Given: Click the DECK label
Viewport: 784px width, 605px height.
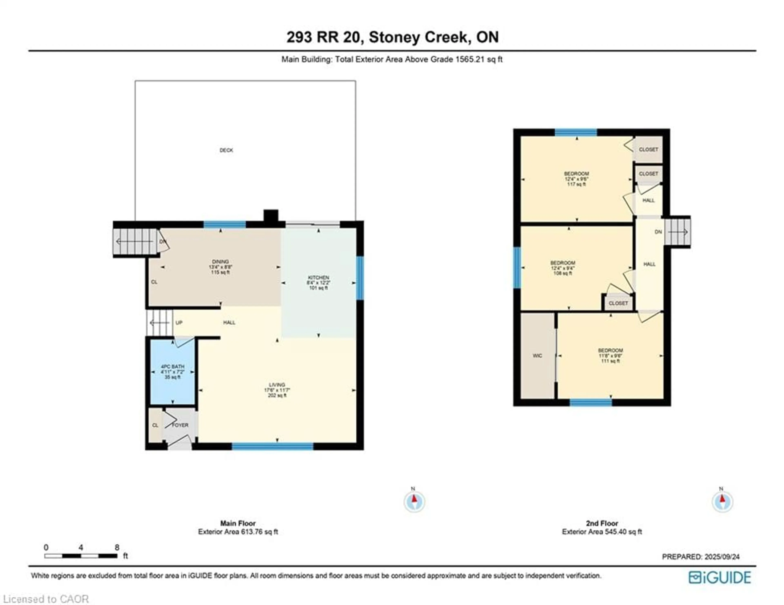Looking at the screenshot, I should point(226,150).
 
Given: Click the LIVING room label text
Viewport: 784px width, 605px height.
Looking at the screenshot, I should point(277,385).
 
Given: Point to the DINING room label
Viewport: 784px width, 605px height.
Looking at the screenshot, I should point(220,262).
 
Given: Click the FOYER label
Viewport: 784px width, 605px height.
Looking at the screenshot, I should point(180,425).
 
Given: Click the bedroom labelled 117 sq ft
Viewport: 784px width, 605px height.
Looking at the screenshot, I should point(577,179).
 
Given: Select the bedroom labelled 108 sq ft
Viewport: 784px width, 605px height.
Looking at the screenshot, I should point(562,268).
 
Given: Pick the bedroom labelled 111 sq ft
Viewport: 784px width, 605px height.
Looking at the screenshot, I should point(610,355).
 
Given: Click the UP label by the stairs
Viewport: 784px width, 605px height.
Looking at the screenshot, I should point(179,323).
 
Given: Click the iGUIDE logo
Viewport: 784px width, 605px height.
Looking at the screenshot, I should point(720,577).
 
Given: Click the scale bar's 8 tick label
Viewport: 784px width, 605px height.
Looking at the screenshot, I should point(117,547).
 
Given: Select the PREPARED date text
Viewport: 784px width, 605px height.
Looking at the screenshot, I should point(700,557).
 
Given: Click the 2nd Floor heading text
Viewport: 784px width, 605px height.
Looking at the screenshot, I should point(602,523).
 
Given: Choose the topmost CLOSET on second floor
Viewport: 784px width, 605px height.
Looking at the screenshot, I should point(648,149).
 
